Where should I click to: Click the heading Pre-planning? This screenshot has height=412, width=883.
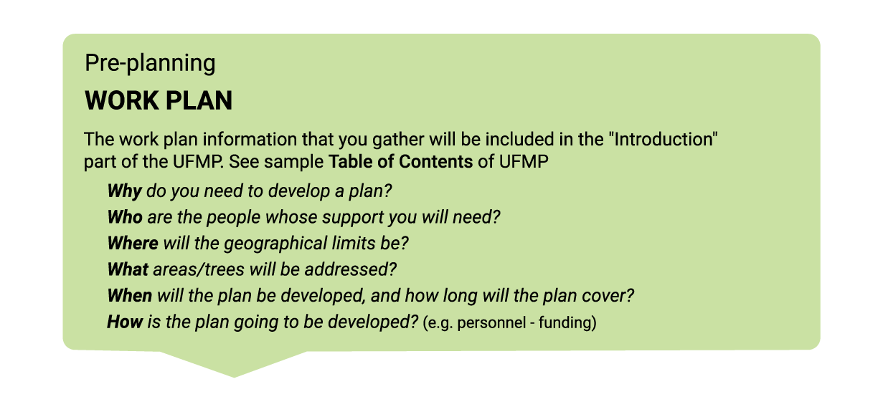point(150,63)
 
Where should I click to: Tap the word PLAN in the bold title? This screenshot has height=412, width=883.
point(199,100)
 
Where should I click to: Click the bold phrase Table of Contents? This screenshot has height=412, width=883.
point(400,161)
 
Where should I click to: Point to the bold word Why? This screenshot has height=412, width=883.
point(124,191)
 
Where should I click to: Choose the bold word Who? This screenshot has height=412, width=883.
point(125,217)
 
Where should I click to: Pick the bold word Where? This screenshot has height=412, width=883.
point(133,243)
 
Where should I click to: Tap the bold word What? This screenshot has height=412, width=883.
point(128,269)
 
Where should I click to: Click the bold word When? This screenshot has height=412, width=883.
point(130,295)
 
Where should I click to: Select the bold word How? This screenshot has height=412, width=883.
point(125,322)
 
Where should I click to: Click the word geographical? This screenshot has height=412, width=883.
point(275,244)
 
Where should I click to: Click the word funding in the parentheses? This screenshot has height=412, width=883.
point(565,322)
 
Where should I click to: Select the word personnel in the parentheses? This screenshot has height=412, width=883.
point(491,323)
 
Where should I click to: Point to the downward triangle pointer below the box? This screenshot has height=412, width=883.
point(234,363)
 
